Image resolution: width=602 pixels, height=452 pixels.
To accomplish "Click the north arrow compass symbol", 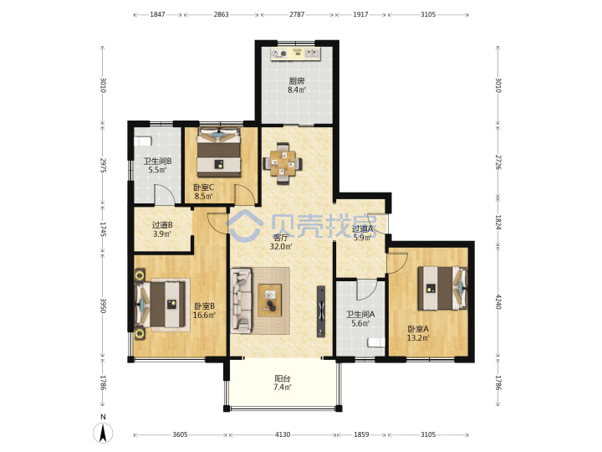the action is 103,434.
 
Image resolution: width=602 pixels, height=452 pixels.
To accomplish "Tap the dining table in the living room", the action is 283,164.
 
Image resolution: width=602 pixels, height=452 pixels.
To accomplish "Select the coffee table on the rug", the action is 269,300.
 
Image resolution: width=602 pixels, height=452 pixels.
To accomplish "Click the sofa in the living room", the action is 242,300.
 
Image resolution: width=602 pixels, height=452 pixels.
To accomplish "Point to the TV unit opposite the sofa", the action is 321,311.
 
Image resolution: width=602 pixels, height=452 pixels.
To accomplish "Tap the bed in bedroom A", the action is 442,288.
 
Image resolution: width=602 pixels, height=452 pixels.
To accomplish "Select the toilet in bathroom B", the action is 142,141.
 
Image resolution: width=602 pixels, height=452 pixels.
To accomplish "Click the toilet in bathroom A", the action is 376,342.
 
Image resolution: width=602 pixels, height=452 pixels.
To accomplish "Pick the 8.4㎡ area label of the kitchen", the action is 297,90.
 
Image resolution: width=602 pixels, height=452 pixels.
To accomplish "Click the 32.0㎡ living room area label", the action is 281,246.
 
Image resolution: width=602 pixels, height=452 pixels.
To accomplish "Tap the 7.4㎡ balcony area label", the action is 283,387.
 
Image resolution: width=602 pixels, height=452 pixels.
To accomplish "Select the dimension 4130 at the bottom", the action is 283,434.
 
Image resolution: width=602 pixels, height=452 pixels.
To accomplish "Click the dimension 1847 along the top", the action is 157,14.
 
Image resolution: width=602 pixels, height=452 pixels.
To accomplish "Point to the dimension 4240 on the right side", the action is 498,301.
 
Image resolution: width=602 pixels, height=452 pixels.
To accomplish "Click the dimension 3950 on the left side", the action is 103,306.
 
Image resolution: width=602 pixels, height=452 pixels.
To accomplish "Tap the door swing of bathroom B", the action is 166,195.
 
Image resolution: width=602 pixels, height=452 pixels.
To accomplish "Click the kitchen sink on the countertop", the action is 312,54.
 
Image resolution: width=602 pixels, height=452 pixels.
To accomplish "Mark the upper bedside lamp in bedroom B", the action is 140,275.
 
